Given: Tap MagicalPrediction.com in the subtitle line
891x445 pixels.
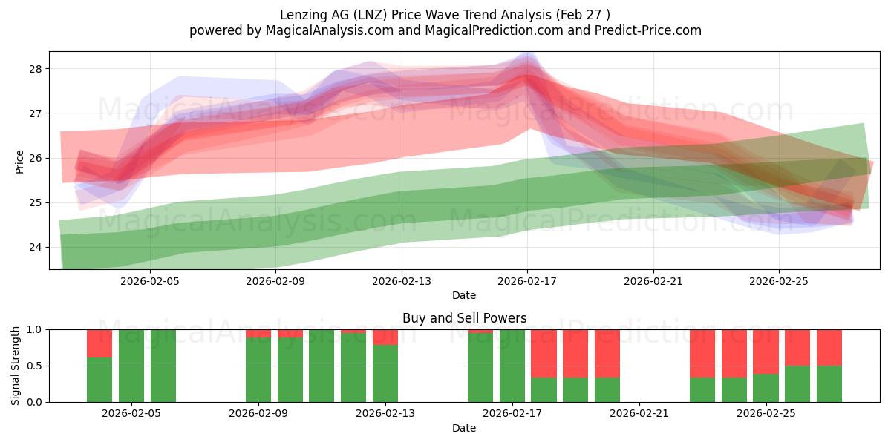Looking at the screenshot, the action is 494,30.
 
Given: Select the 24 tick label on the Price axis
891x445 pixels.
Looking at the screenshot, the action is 35,248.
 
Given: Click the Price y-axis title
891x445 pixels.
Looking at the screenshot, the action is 19,162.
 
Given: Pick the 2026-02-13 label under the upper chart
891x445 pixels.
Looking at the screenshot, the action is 402,281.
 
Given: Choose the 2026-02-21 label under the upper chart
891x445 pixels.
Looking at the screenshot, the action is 653,281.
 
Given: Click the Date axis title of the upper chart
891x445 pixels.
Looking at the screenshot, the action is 464,295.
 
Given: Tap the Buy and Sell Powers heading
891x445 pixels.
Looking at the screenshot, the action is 464,318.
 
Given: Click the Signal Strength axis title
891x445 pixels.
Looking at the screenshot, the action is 15,366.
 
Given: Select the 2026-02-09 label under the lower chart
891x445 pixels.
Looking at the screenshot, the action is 258,413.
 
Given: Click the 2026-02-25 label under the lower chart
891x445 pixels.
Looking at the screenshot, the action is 766,413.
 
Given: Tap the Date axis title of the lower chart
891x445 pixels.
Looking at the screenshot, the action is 464,428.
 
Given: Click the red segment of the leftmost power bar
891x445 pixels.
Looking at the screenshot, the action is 99,343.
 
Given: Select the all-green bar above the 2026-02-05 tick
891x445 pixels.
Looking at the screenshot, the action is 131,366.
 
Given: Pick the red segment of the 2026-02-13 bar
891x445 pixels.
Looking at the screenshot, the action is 385,337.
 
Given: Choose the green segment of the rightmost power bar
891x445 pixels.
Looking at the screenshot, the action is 829,384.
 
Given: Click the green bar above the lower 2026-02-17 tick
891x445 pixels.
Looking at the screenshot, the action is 512,366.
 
